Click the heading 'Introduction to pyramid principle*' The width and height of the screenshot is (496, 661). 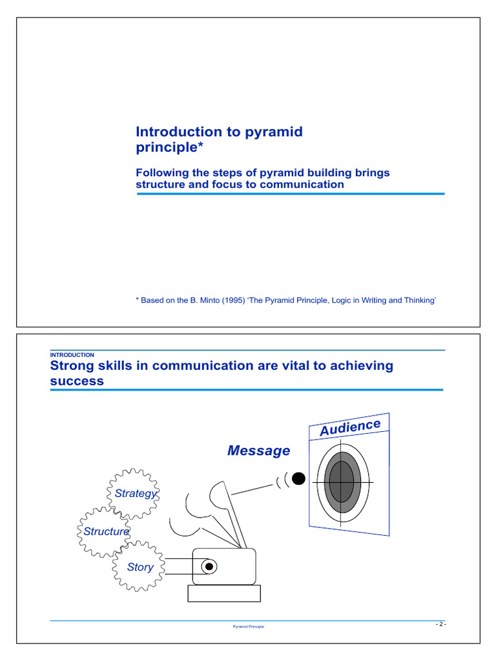click(219, 140)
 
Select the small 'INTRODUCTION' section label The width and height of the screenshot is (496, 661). click(72, 354)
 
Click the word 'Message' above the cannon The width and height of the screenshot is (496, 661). click(258, 451)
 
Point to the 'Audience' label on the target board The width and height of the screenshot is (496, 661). click(350, 427)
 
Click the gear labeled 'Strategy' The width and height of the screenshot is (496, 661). click(132, 493)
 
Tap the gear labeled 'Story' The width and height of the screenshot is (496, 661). click(139, 567)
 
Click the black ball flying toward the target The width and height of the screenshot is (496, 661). click(298, 478)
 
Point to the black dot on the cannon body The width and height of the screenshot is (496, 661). click(209, 567)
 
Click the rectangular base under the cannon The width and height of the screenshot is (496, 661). click(223, 593)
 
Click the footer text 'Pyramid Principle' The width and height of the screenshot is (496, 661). click(248, 627)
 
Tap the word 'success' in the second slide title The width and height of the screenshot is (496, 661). click(77, 381)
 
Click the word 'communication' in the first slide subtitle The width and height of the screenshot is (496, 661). click(304, 184)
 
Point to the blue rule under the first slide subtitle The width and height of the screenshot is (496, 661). click(289, 194)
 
